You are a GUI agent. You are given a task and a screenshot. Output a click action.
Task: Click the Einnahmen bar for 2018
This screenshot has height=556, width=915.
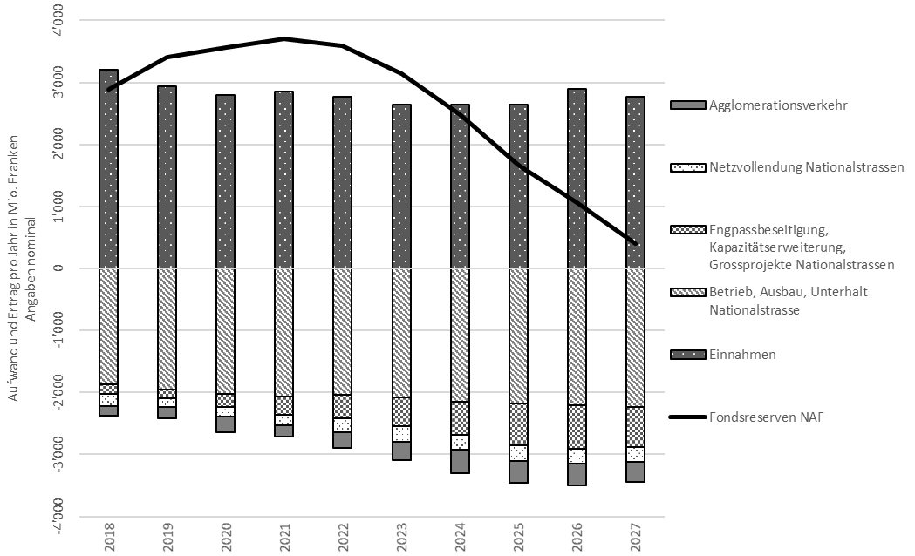pyautogui.click(x=108, y=168)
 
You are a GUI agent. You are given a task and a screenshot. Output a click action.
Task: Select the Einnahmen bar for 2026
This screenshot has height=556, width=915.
pyautogui.click(x=577, y=179)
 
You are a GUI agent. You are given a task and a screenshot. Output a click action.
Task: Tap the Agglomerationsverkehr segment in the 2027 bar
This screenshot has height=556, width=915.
pyautogui.click(x=636, y=471)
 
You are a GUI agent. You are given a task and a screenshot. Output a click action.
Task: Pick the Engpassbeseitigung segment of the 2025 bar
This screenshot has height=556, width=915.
pyautogui.click(x=518, y=424)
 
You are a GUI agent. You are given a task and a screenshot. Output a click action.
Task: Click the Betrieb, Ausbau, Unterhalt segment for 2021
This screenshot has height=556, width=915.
pyautogui.click(x=284, y=332)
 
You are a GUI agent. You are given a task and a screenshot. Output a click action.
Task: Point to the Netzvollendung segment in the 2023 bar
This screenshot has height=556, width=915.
pyautogui.click(x=401, y=434)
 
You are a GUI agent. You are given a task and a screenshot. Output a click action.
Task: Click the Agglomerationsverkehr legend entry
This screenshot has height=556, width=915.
pyautogui.click(x=759, y=105)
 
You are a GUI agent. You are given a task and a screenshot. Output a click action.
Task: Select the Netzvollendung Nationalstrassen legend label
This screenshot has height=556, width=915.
pyautogui.click(x=807, y=167)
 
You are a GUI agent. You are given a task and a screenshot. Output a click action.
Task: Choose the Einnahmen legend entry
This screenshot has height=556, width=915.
pyautogui.click(x=723, y=355)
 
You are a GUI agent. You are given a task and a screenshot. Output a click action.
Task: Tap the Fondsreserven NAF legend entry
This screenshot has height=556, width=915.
pyautogui.click(x=747, y=417)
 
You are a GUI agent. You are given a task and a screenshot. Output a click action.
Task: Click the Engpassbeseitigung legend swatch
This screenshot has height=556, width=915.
pyautogui.click(x=688, y=229)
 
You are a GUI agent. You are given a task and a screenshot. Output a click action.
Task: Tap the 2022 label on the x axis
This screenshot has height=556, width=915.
pyautogui.click(x=343, y=537)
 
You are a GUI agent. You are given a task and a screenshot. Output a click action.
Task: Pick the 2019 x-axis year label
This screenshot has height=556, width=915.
pyautogui.click(x=167, y=537)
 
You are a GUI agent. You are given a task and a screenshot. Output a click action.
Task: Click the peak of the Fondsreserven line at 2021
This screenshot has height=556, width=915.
pyautogui.click(x=284, y=39)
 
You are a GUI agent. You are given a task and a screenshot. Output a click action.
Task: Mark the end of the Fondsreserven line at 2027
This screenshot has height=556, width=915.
pyautogui.click(x=636, y=244)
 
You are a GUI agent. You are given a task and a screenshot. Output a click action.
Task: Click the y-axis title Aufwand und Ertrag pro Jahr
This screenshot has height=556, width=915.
pyautogui.click(x=13, y=268)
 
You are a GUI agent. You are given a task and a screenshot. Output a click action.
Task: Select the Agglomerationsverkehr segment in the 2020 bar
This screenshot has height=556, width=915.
pyautogui.click(x=226, y=424)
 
